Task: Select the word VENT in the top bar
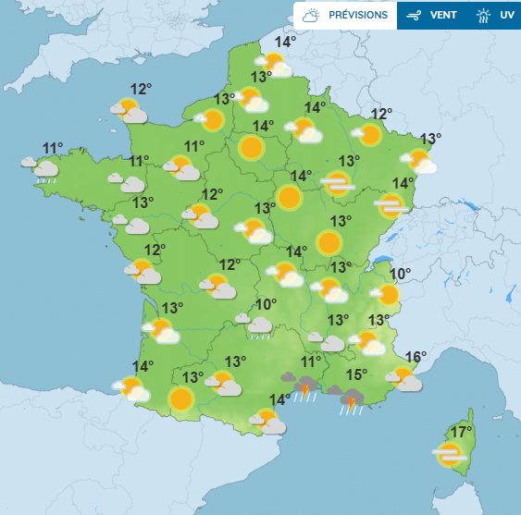tap(443, 16)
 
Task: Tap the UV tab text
tap(506, 16)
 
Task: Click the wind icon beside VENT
tap(415, 16)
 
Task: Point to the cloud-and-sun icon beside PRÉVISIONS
tap(312, 16)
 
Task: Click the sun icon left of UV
tap(483, 16)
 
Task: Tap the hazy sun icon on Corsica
tap(450, 454)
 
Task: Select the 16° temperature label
tap(416, 357)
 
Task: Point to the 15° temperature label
tap(356, 374)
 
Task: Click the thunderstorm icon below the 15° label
tap(351, 399)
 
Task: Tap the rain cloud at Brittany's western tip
tap(43, 169)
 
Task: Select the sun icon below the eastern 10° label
tap(387, 295)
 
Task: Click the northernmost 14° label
tap(285, 42)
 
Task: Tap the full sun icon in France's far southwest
tap(180, 399)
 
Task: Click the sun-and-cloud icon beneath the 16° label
tap(403, 378)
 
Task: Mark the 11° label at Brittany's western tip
tap(53, 148)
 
